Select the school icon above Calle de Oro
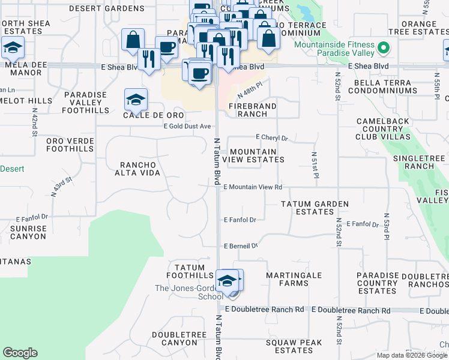tap(136, 99)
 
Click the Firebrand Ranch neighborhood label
tap(252, 109)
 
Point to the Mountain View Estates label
tap(253, 155)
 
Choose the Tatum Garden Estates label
tap(315, 208)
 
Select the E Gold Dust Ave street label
tap(188, 126)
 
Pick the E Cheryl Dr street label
tap(272, 137)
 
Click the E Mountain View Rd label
tap(253, 187)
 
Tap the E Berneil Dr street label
tap(241, 246)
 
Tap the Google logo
tap(20, 353)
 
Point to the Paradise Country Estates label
tap(377, 283)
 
